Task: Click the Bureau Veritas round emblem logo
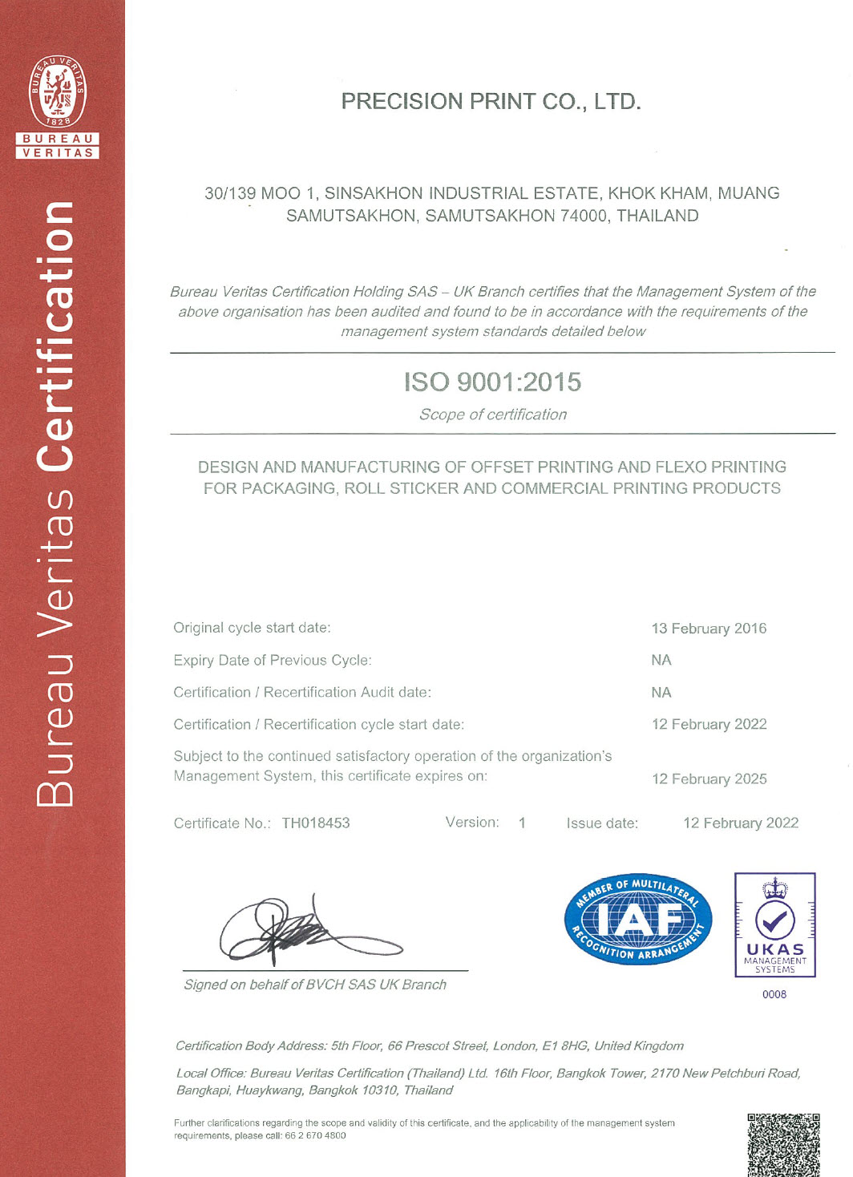(x=58, y=91)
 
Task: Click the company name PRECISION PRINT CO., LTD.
(x=491, y=102)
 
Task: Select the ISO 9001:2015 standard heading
(x=492, y=382)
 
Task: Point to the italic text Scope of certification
(x=492, y=415)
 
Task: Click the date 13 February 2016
(x=709, y=629)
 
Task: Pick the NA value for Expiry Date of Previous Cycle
(x=661, y=660)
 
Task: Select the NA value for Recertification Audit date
(x=661, y=692)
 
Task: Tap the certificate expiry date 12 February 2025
(x=709, y=779)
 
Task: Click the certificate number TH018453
(x=316, y=823)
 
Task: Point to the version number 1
(x=522, y=823)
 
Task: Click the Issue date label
(x=602, y=823)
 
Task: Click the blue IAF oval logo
(x=637, y=919)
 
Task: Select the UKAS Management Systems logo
(x=774, y=924)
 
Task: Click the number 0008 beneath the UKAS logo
(x=774, y=994)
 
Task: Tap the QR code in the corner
(x=783, y=1144)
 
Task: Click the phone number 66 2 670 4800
(x=315, y=1135)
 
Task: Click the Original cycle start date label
(x=252, y=628)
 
